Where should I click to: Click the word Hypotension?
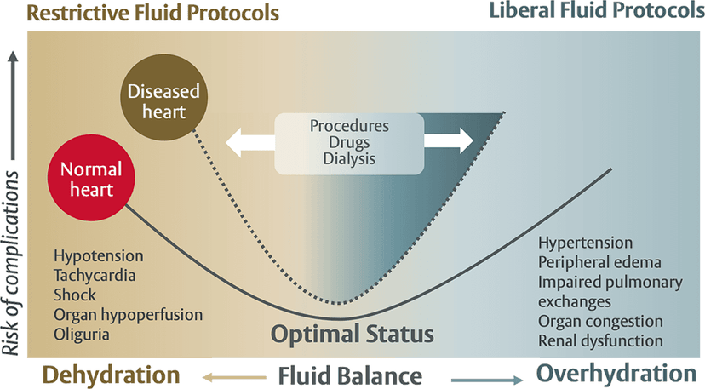pyautogui.click(x=98, y=255)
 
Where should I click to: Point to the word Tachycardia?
pyautogui.click(x=95, y=275)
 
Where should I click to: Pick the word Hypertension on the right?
pyautogui.click(x=585, y=243)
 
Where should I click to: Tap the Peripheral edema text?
pyautogui.click(x=599, y=262)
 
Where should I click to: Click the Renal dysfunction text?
pyautogui.click(x=600, y=340)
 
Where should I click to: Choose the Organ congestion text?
pyautogui.click(x=600, y=321)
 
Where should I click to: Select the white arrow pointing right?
pyautogui.click(x=448, y=140)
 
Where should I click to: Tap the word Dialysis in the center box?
pyautogui.click(x=349, y=158)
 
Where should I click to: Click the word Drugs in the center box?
pyautogui.click(x=349, y=141)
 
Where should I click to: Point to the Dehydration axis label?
pyautogui.click(x=112, y=375)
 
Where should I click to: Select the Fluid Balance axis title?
pyautogui.click(x=350, y=375)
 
